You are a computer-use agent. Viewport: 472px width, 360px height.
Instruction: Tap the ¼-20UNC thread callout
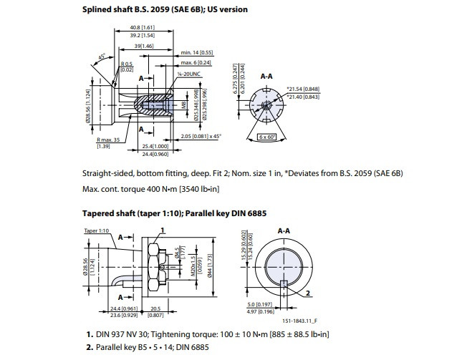pyautogui.click(x=188, y=74)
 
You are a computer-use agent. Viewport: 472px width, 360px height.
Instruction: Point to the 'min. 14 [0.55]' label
pyautogui.click(x=197, y=53)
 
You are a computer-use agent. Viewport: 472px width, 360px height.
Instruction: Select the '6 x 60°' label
pyautogui.click(x=268, y=136)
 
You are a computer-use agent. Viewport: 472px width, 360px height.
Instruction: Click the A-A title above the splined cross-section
pyautogui.click(x=266, y=74)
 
